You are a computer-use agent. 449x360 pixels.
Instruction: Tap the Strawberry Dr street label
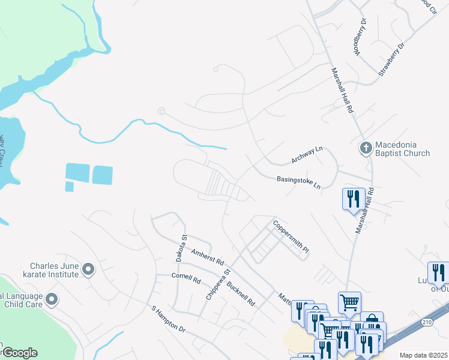392,59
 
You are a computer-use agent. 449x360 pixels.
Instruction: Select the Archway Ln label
307,155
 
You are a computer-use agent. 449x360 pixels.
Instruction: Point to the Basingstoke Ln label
298,182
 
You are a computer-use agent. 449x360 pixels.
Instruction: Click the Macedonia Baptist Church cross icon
365,147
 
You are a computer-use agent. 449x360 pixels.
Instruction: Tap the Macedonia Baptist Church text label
402,149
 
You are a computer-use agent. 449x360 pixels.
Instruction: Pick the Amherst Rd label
207,258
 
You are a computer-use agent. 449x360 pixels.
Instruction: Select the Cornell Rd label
185,278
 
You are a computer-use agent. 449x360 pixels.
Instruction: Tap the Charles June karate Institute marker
89,270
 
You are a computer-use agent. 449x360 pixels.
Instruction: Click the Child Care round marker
52,298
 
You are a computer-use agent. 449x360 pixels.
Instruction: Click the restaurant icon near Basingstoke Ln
352,198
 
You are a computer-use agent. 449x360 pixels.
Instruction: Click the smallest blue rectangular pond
69,187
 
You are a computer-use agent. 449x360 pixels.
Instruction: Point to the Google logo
19,353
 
